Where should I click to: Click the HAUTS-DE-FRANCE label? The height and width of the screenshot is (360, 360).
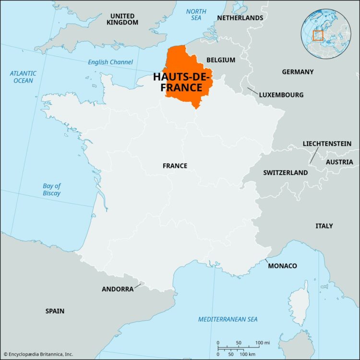point(178,82)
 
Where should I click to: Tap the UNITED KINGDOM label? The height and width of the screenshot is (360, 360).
point(122,19)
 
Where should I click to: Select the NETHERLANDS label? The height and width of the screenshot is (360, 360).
point(240,18)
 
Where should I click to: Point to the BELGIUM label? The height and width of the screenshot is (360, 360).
point(221,60)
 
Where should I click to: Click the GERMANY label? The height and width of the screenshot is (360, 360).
point(298,72)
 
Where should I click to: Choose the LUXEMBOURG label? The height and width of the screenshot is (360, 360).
point(281,95)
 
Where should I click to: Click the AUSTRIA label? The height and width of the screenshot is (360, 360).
point(339,162)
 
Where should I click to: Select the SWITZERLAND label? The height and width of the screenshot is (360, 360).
point(285,172)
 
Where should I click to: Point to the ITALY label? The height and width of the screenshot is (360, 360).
point(324,226)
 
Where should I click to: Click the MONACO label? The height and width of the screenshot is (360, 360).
point(282,265)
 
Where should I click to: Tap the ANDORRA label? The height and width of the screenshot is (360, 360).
point(118,289)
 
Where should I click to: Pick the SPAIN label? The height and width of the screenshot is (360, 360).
point(55,311)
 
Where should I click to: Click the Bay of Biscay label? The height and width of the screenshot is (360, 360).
point(51,190)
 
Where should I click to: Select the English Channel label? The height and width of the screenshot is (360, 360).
point(110,62)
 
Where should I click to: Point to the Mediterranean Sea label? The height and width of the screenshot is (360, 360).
point(228,319)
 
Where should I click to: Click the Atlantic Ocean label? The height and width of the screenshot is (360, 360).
point(23,77)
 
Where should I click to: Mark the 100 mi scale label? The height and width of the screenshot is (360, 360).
point(263,342)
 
